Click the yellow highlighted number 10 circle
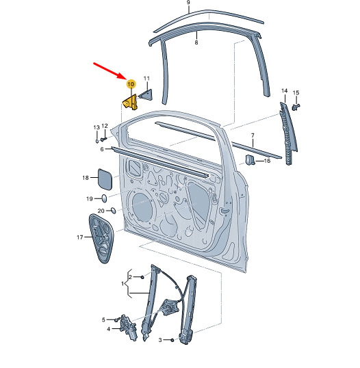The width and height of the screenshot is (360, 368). click(131, 83)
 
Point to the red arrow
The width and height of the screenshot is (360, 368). click(110, 71)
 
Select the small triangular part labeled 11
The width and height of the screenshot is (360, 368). click(146, 94)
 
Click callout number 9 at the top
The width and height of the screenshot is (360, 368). click(188, 3)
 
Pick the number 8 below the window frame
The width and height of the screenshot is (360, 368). click(196, 42)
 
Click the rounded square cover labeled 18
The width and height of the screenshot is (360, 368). click(105, 179)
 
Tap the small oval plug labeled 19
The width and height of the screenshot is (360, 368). click(104, 198)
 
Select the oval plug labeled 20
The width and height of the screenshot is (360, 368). click(113, 210)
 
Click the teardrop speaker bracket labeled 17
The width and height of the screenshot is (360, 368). click(101, 238)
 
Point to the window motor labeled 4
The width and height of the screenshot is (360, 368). click(128, 327)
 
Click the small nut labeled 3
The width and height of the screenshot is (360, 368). click(172, 340)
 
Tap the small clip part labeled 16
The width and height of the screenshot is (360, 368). click(250, 160)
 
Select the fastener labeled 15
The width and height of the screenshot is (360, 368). click(296, 107)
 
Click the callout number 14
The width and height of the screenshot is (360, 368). click(285, 90)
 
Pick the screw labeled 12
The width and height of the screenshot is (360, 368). click(103, 139)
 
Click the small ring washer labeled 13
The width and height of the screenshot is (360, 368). click(97, 141)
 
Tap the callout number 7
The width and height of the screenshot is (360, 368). click(253, 135)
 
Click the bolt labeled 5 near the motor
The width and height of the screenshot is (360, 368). click(117, 319)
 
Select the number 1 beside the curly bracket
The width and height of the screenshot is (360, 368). click(123, 284)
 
